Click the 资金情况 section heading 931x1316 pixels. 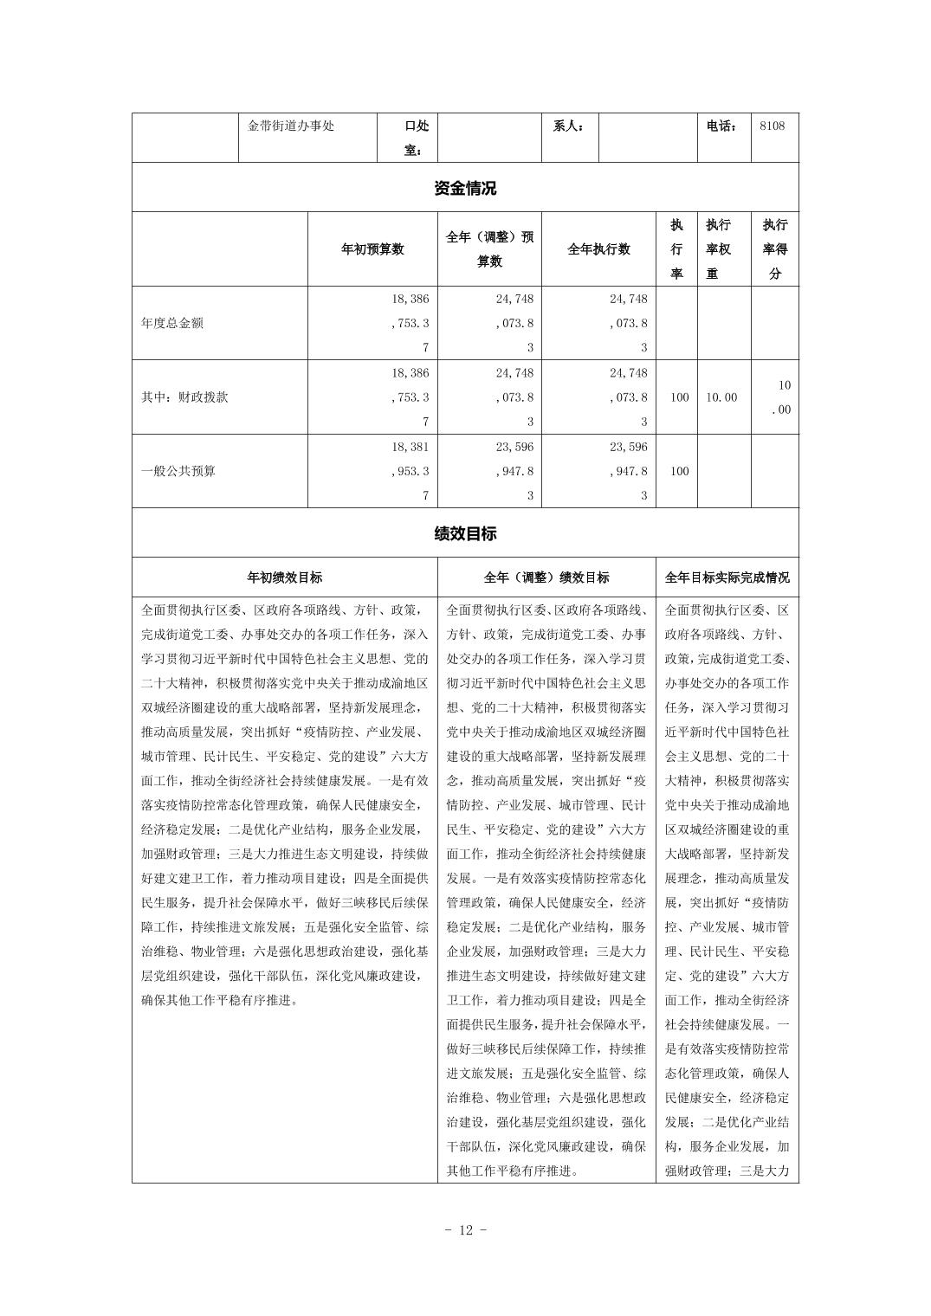pos(465,188)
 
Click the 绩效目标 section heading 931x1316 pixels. pos(465,533)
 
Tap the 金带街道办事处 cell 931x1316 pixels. pos(291,126)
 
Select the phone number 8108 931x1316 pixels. pos(772,126)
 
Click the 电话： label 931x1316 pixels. pos(722,126)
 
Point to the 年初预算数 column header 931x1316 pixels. pos(372,249)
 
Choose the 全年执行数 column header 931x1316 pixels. pos(598,249)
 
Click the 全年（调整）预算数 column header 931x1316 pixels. pos(489,249)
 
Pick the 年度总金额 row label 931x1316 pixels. pos(172,324)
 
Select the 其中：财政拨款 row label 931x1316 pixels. pos(184,397)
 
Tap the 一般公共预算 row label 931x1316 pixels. pos(178,471)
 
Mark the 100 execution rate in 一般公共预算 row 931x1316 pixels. pos(679,471)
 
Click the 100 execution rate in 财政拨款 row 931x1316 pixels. pos(679,397)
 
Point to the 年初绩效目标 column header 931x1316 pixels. pos(285,577)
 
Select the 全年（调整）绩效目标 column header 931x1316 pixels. pos(546,577)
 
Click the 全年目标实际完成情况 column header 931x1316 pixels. pos(727,577)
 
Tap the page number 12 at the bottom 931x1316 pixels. pos(465,1230)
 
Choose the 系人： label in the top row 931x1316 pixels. pos(569,126)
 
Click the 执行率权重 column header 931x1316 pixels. pos(718,249)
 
